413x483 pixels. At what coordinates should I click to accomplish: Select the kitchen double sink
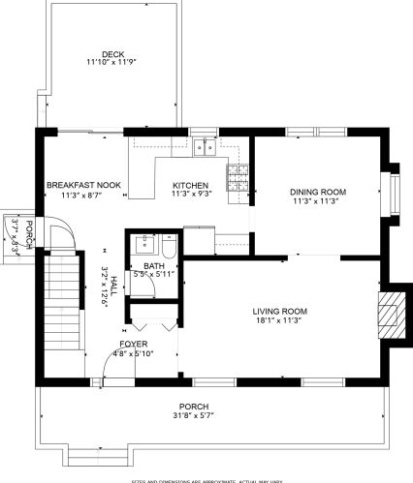205,147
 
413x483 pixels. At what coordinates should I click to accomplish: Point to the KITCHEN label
190,185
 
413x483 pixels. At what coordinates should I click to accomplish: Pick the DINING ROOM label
319,193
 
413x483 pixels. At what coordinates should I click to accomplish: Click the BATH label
154,265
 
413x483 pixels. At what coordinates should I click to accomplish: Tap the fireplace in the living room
389,314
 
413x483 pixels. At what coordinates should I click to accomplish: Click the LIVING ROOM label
279,311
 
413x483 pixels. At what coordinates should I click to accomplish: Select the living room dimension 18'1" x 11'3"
279,321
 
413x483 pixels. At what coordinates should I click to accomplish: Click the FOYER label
134,344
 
